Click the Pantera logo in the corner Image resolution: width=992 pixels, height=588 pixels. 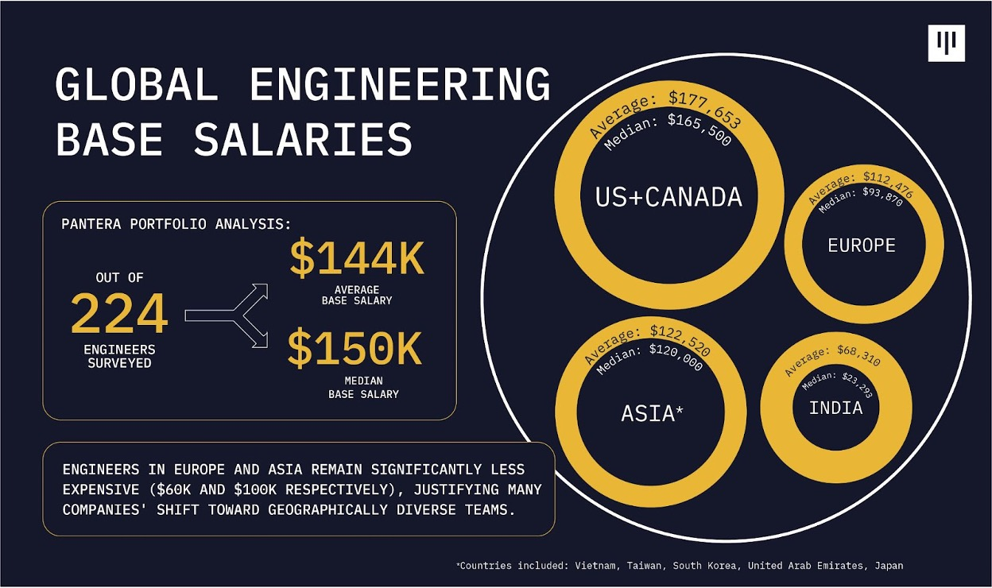(x=946, y=43)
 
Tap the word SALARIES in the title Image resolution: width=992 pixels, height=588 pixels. (x=303, y=138)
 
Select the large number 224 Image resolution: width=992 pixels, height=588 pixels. (x=119, y=313)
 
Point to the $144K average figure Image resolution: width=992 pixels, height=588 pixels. (x=357, y=258)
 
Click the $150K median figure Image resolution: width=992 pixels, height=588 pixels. (x=355, y=348)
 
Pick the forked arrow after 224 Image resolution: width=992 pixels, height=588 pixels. (x=227, y=315)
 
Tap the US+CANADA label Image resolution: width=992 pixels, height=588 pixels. (x=668, y=197)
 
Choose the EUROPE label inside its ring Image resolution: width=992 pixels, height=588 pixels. (x=862, y=246)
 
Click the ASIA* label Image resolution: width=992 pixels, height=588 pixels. (x=652, y=412)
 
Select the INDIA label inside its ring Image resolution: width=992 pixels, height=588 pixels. (x=835, y=408)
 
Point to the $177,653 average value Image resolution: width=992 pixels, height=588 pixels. (x=705, y=108)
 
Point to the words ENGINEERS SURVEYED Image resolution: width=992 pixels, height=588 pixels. (x=119, y=357)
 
